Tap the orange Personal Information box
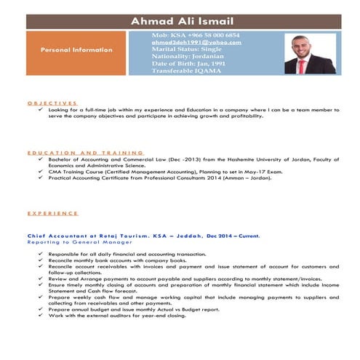[x=76, y=50]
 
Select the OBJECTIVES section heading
[x=52, y=103]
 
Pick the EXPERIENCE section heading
[x=52, y=213]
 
